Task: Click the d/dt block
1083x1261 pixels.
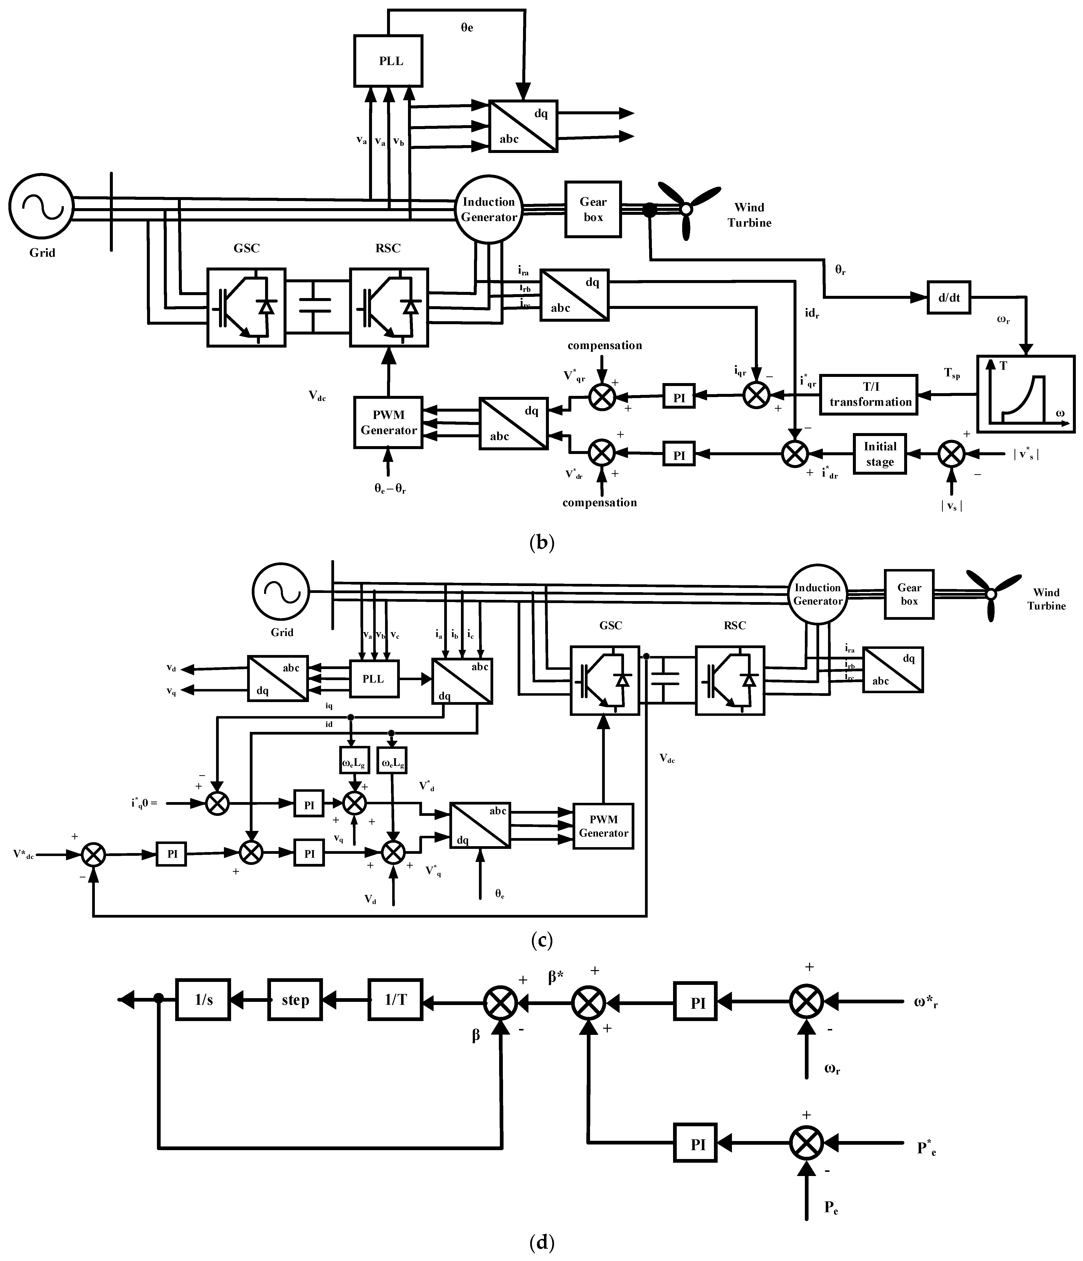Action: [x=948, y=298]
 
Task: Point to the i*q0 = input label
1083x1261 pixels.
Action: [x=144, y=803]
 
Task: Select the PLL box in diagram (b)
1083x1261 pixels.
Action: [x=389, y=61]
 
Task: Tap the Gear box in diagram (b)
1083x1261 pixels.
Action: [x=593, y=209]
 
